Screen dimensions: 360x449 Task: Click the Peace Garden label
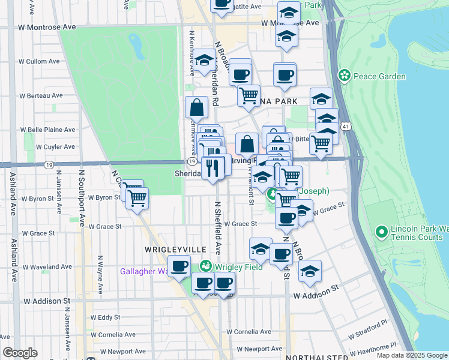pos(379,76)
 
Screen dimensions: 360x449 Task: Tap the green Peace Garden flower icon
pos(345,76)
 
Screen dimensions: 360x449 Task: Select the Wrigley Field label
pos(238,266)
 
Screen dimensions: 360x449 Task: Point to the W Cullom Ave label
pos(40,61)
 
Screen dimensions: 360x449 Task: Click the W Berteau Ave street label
pos(41,95)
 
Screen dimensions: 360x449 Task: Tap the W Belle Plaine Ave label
pos(48,130)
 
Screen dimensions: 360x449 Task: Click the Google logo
pos(20,353)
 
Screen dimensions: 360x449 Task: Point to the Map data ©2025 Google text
pos(411,355)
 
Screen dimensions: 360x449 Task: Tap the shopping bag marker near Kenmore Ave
pos(197,109)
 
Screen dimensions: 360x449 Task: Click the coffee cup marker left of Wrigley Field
pos(178,266)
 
